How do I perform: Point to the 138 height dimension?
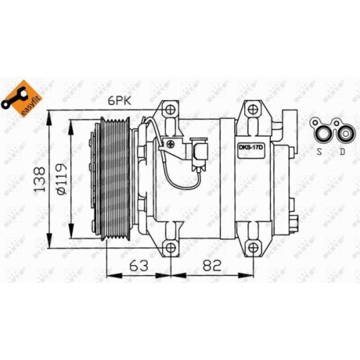pyautogui.click(x=42, y=176)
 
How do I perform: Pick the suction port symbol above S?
pyautogui.click(x=319, y=130)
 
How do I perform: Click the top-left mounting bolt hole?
pyautogui.click(x=171, y=111)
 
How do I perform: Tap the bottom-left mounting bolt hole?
pyautogui.click(x=171, y=248)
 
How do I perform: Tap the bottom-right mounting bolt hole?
pyautogui.click(x=253, y=248)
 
